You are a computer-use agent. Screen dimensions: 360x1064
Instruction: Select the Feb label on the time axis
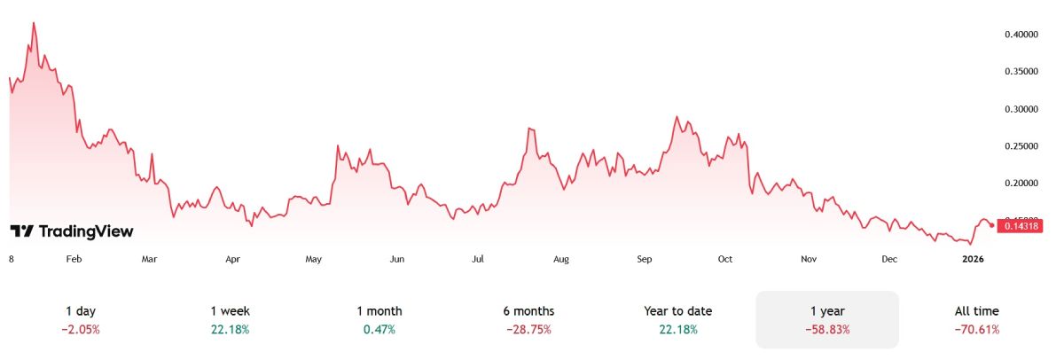coord(74,259)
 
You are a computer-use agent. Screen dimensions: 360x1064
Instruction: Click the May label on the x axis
coord(313,259)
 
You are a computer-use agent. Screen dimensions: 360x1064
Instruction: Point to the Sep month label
coord(645,259)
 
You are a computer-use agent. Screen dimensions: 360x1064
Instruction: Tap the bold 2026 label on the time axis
coord(973,259)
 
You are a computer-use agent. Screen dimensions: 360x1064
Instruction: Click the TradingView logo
coord(72,231)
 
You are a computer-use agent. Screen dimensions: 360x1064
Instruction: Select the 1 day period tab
coord(81,311)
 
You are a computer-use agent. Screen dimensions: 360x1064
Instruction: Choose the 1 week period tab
coord(230,311)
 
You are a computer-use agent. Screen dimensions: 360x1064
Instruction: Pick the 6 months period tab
coord(529,311)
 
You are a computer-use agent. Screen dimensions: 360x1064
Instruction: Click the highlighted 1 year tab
coord(827,311)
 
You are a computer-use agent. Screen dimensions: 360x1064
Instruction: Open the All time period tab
coord(976,311)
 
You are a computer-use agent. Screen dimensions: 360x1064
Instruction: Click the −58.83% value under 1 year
coord(827,330)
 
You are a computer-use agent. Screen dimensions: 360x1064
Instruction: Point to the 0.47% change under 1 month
coord(379,330)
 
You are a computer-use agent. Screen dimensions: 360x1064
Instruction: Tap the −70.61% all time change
coord(976,330)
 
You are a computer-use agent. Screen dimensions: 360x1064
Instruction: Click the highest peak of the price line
coord(34,23)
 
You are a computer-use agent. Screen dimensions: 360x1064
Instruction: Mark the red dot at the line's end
coord(990,225)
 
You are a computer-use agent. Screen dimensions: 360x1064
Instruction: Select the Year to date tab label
coord(677,311)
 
